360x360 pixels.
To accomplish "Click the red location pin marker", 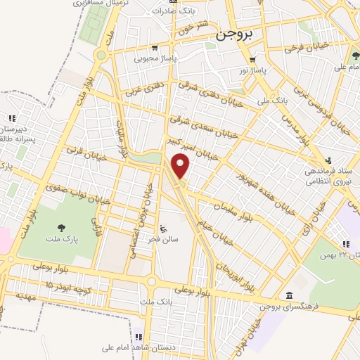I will click(x=181, y=167).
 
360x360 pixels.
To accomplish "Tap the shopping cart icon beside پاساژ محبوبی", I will click(x=154, y=49).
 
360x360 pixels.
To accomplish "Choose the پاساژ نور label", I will click(x=251, y=71).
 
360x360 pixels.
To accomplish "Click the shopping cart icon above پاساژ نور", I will click(x=252, y=60).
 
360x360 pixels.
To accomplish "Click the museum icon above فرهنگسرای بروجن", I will click(x=289, y=295).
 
